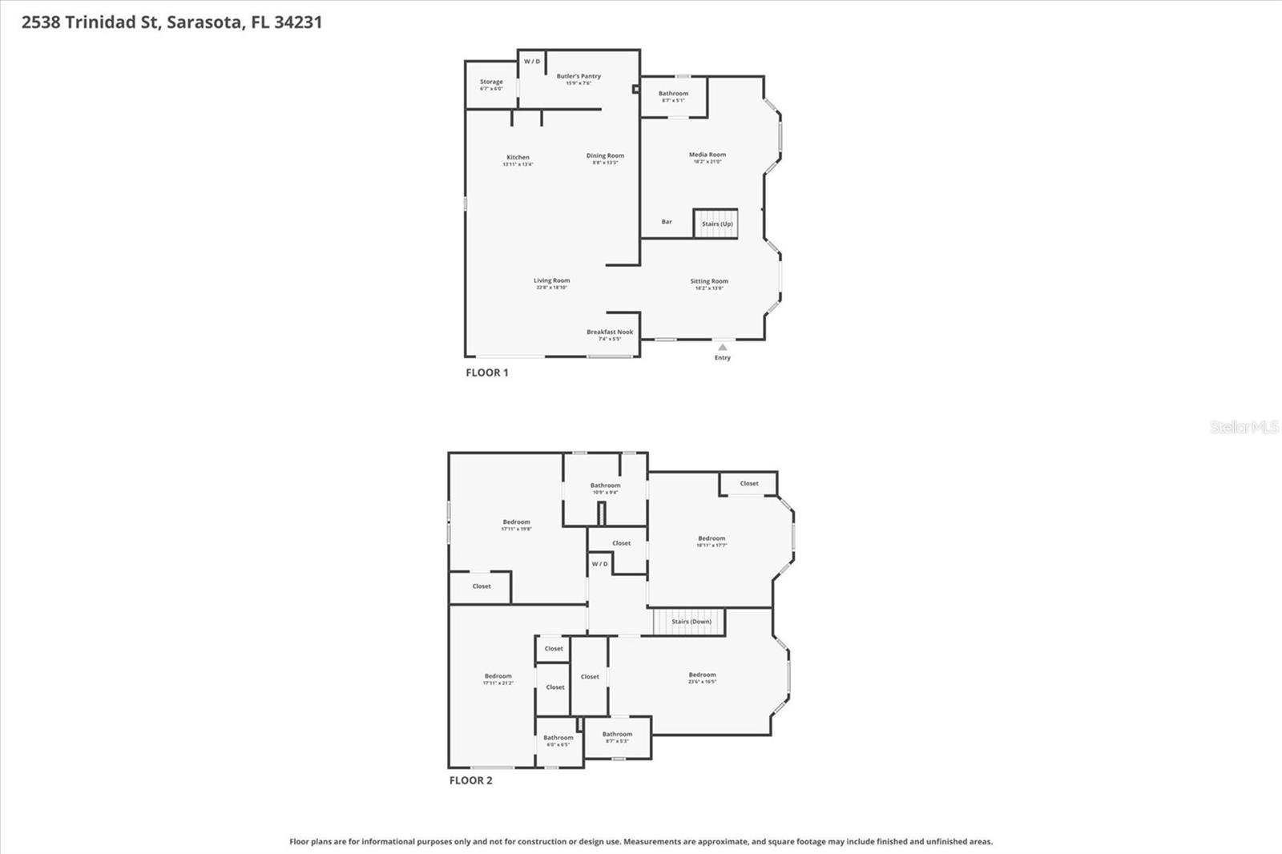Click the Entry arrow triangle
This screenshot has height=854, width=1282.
click(x=722, y=347)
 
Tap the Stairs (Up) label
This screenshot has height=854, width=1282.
click(x=717, y=224)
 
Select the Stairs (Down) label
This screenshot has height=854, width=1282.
click(x=691, y=622)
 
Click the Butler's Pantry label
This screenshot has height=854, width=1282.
click(x=579, y=77)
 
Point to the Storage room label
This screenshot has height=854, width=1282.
click(x=491, y=83)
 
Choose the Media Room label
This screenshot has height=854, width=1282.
click(x=708, y=155)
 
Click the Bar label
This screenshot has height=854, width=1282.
click(x=667, y=222)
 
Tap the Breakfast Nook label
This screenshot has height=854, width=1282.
click(x=610, y=332)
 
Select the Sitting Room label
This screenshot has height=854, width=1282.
click(x=709, y=282)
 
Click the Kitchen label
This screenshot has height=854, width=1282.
click(x=518, y=158)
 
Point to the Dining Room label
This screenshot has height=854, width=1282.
click(x=605, y=156)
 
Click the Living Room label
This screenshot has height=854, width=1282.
click(x=552, y=281)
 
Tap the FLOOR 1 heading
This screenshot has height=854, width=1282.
click(x=487, y=373)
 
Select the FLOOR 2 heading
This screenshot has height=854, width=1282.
click(x=471, y=780)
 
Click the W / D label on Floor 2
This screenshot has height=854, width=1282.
click(x=599, y=564)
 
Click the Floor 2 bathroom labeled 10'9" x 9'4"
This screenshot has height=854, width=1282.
click(x=605, y=486)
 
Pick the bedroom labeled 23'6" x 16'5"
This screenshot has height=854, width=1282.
click(x=702, y=675)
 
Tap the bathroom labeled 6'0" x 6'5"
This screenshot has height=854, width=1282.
click(x=558, y=739)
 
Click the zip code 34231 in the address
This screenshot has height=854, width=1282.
click(x=298, y=22)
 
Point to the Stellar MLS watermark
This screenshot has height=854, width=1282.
click(x=1244, y=427)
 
